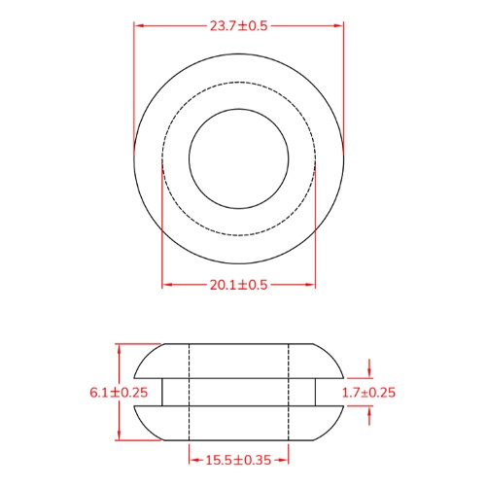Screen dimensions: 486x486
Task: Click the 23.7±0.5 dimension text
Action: (x=238, y=26)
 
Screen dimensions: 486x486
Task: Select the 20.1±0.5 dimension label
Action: (x=238, y=284)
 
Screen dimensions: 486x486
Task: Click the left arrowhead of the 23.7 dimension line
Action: (x=138, y=26)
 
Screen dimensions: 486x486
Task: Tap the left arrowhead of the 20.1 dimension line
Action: (x=166, y=284)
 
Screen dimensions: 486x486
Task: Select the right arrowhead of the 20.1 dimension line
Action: (x=311, y=284)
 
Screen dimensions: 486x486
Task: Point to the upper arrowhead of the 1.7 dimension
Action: (x=369, y=374)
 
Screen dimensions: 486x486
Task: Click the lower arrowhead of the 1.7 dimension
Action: (x=369, y=409)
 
